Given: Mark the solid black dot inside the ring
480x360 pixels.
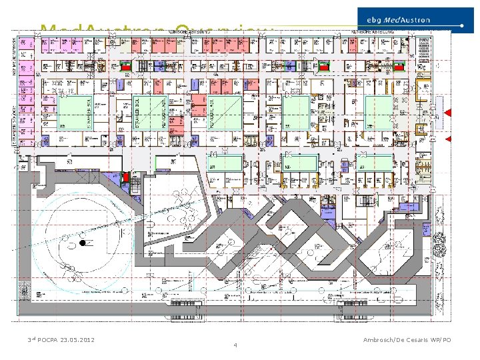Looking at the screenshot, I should (83, 244).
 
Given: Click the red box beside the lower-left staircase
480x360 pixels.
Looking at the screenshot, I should (125, 177).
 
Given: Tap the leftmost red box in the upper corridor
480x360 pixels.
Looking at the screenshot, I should (127, 66).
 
